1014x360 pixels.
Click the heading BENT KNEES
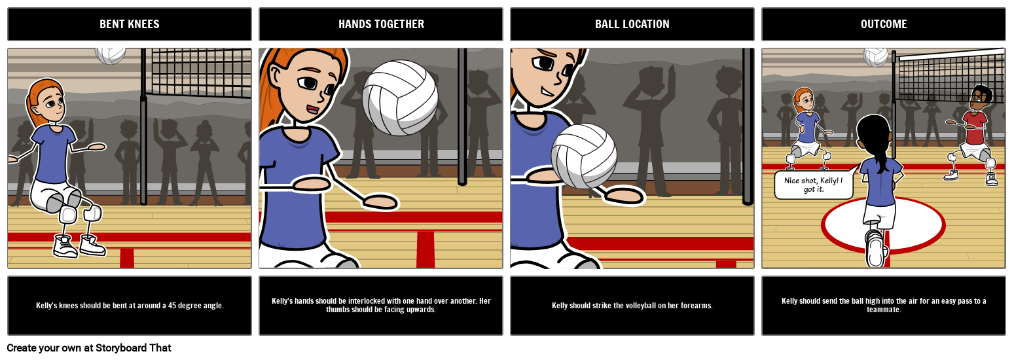[130, 24]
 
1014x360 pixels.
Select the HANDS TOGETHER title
[381, 24]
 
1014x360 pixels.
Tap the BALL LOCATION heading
[632, 24]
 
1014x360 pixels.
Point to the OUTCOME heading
[884, 24]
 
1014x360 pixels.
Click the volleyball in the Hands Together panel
[400, 98]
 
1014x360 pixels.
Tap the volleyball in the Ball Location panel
[584, 156]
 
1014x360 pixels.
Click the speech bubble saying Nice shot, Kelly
[813, 185]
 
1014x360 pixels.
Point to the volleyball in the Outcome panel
[875, 56]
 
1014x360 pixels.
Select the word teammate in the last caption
[884, 310]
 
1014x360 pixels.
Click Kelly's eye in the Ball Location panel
[543, 63]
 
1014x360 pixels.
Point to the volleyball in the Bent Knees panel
[110, 55]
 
